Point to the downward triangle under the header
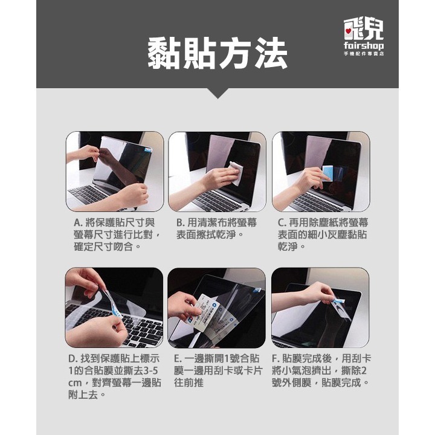[x=217, y=93]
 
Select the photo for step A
[x=115, y=171]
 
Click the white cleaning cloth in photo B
[x=236, y=172]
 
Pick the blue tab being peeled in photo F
[x=340, y=300]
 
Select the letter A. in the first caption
[x=79, y=223]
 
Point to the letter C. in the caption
[x=283, y=223]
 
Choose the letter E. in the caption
[x=178, y=359]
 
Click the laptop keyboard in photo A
[x=91, y=195]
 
